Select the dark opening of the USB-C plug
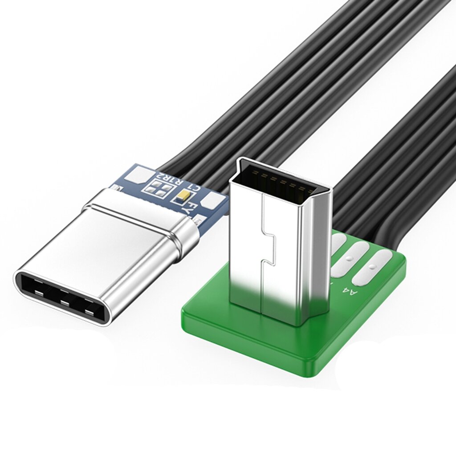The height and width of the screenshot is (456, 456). tap(62, 297)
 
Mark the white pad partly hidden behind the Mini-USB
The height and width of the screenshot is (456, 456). tap(337, 243)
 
